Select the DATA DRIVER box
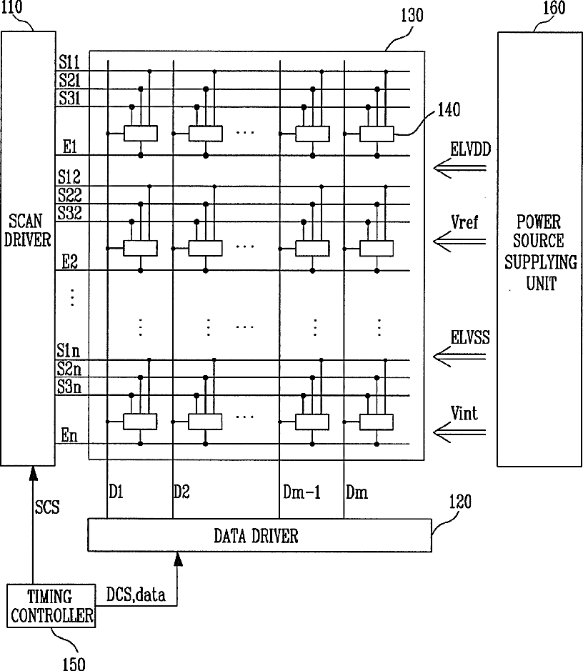click(x=259, y=535)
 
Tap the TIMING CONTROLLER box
click(x=51, y=605)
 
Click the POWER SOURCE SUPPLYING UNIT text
click(x=540, y=252)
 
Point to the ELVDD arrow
click(x=461, y=169)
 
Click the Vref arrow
click(x=461, y=244)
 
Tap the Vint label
click(x=464, y=413)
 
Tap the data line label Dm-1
click(x=299, y=492)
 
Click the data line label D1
click(x=116, y=492)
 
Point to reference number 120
click(x=460, y=502)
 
